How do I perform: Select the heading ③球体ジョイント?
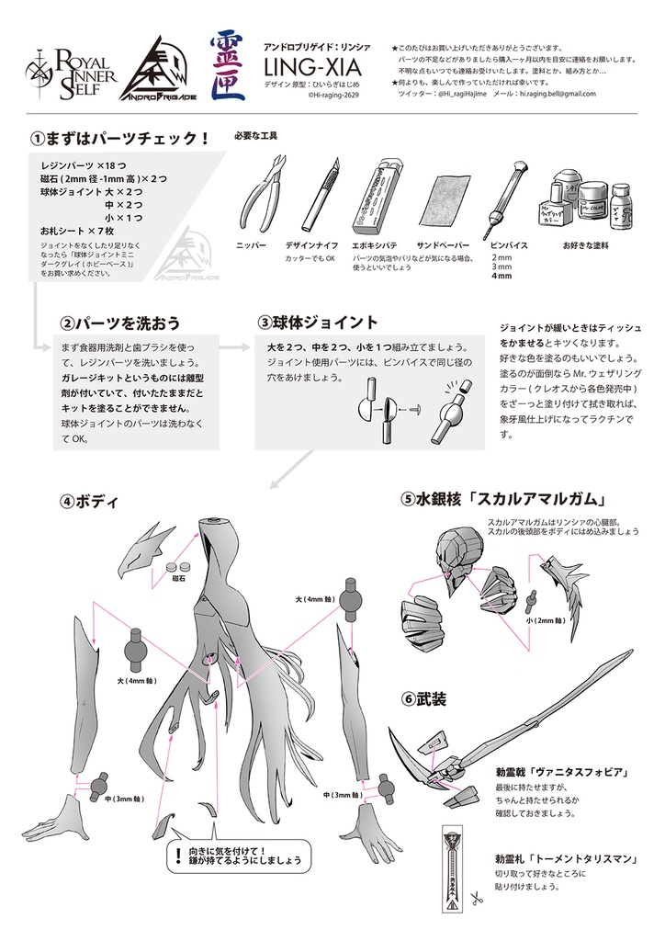[x=318, y=323]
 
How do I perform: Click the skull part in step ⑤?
[x=455, y=560]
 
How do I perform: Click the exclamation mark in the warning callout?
[x=176, y=858]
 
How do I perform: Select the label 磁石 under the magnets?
[x=178, y=580]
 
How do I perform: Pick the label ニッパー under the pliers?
[x=251, y=246]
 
